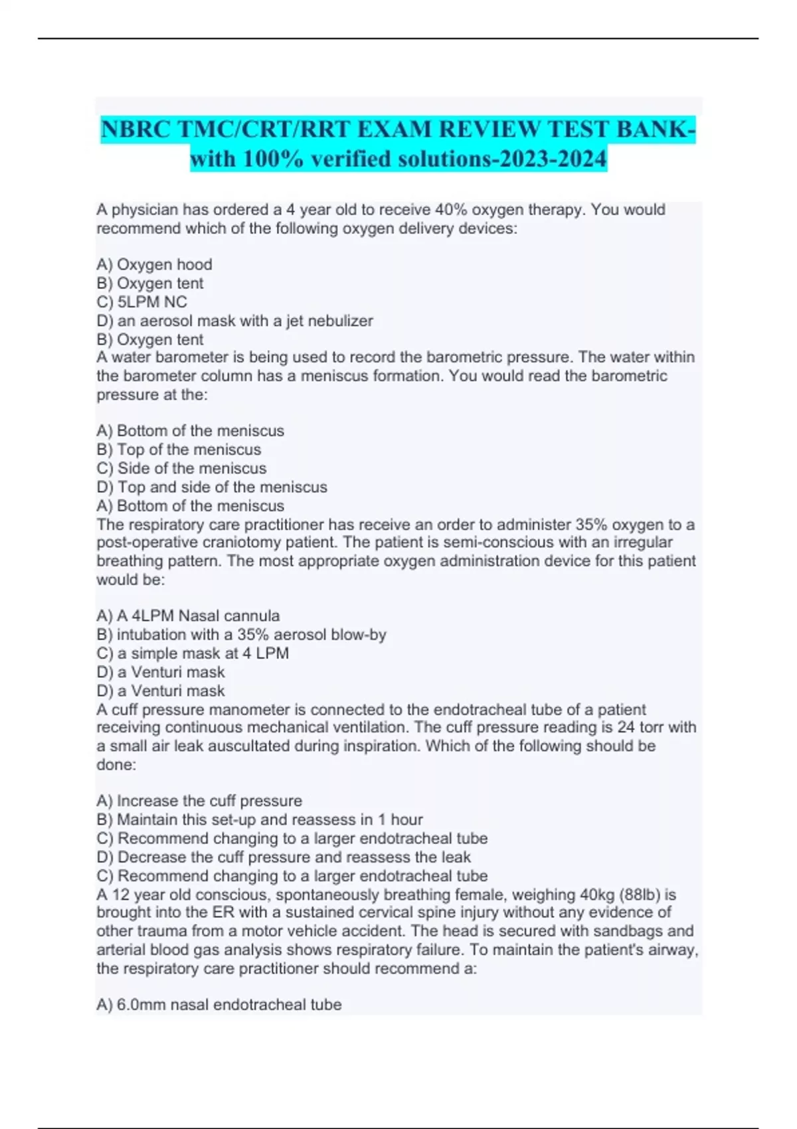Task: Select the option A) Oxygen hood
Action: [154, 264]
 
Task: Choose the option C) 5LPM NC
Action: [141, 302]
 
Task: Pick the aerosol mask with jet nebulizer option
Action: [234, 321]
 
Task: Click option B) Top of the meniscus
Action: [179, 450]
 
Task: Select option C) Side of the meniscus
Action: [181, 468]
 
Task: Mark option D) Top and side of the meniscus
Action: [212, 487]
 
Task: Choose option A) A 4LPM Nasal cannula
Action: [188, 616]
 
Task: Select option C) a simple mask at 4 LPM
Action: [193, 653]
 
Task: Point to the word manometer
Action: [264, 709]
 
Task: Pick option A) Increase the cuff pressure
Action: [199, 801]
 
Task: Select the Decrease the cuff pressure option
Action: [284, 857]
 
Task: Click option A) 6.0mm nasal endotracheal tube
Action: [219, 1005]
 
